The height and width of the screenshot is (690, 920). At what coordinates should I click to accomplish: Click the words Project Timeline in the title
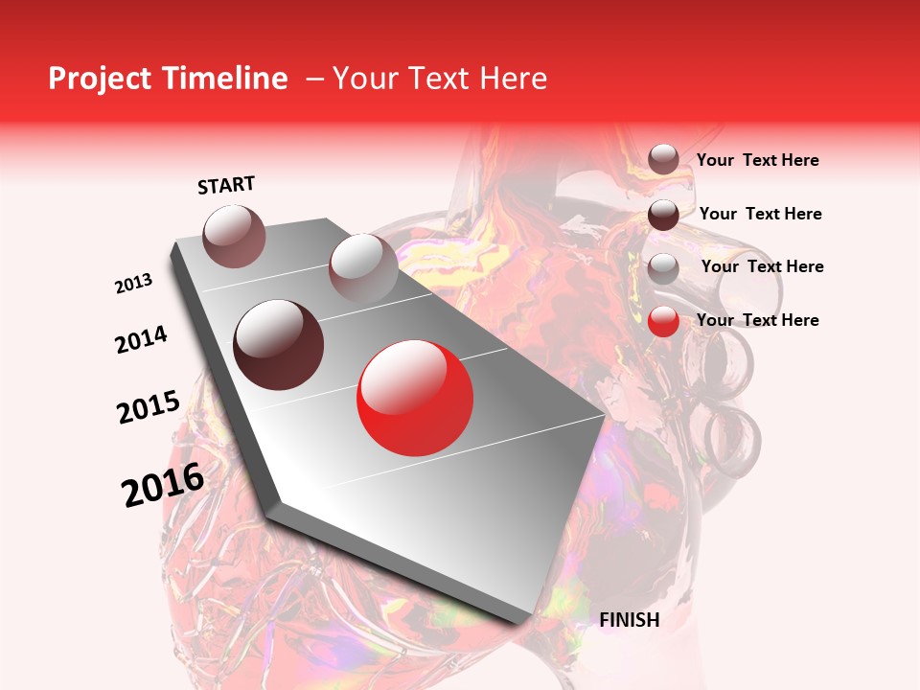(x=168, y=79)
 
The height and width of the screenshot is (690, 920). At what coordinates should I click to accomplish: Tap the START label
(x=226, y=185)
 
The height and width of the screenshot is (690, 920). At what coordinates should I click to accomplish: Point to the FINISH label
(x=630, y=620)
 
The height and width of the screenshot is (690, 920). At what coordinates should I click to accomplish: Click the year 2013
(x=133, y=284)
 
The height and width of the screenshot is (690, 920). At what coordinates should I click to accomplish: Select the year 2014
(x=141, y=339)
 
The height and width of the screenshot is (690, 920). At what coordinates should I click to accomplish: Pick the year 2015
(x=149, y=407)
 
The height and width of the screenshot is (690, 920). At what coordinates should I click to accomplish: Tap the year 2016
(x=163, y=485)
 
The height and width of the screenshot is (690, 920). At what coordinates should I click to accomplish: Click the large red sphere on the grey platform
(x=415, y=397)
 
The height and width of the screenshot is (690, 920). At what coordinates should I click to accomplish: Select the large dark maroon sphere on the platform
(x=279, y=344)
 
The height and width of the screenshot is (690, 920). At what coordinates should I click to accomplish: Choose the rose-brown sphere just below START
(x=235, y=236)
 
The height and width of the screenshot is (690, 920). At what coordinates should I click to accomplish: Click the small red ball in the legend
(x=663, y=322)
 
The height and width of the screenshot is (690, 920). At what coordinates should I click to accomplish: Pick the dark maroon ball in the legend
(x=663, y=215)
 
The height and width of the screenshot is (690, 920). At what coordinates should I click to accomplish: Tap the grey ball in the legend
(x=663, y=268)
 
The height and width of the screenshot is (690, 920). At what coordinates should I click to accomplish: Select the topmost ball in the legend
(x=663, y=159)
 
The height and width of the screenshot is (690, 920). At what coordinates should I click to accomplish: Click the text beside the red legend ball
(x=758, y=320)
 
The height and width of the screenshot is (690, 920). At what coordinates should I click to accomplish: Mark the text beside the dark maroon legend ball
(x=761, y=214)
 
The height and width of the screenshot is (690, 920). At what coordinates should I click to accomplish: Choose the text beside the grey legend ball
(x=763, y=266)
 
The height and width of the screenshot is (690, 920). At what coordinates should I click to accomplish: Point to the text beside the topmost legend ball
(x=758, y=160)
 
